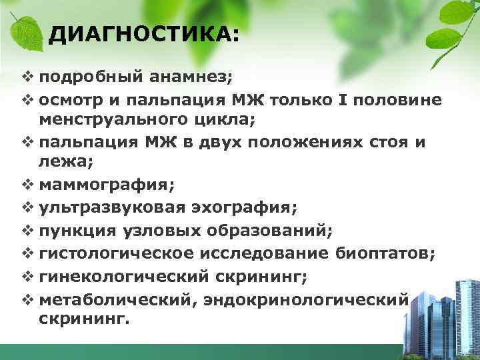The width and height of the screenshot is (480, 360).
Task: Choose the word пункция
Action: pyautogui.click(x=79, y=231)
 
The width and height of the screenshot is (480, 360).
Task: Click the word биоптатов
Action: pyautogui.click(x=383, y=253)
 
